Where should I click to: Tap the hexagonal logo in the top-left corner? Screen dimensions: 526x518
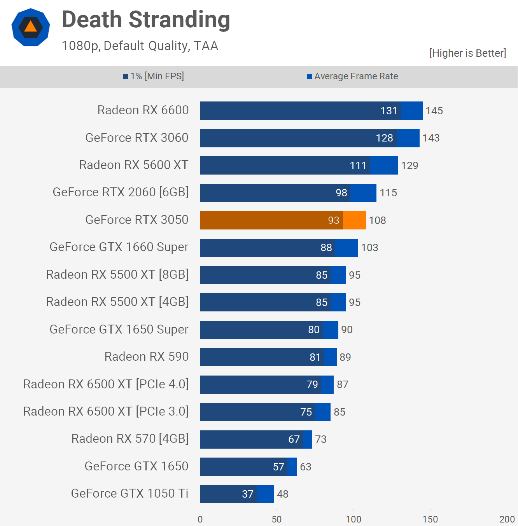pos(31,27)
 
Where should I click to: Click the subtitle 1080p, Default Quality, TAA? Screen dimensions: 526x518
pos(140,46)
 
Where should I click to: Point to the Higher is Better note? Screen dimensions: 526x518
pos(467,53)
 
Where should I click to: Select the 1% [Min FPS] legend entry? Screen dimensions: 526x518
pos(154,76)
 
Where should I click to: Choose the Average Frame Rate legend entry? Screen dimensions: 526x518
pos(352,76)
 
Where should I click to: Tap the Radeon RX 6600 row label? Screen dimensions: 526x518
pos(143,110)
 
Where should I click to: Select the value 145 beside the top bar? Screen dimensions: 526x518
pos(434,111)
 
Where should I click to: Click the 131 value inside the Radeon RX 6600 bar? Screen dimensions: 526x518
pos(388,111)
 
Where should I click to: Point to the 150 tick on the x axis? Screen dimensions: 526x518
pos(430,519)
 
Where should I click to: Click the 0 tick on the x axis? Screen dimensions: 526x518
pos(200,519)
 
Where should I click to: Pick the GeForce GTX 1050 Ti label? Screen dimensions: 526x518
pos(129,493)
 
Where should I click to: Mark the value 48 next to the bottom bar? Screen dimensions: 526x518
pos(282,494)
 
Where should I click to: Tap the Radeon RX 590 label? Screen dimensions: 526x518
pos(147,356)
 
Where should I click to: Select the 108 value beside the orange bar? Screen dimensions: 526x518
pos(377,220)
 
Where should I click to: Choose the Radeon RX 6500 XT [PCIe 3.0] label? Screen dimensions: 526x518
pos(106,411)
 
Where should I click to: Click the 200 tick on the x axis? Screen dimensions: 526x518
pos(507,519)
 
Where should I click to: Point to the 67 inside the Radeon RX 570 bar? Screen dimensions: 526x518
pos(294,439)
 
